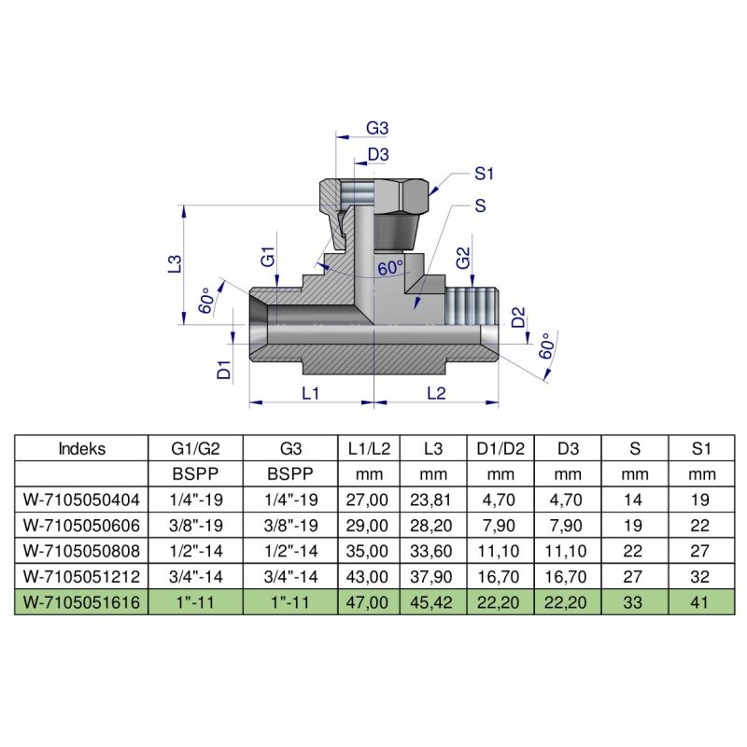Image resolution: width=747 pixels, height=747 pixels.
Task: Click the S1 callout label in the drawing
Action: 484,173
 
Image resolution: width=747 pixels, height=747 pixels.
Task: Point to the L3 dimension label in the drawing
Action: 174,264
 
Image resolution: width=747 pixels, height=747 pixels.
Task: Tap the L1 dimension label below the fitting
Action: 311,393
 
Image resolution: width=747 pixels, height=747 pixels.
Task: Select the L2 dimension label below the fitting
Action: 435,393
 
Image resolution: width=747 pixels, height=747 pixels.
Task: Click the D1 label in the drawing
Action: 224,368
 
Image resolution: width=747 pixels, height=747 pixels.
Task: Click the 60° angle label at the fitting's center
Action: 390,268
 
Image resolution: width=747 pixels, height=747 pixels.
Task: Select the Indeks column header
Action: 82,448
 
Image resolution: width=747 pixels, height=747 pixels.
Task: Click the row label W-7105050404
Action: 82,500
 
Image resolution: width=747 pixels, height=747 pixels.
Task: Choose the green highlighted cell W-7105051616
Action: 82,602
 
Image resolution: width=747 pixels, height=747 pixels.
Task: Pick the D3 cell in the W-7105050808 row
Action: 568,551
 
